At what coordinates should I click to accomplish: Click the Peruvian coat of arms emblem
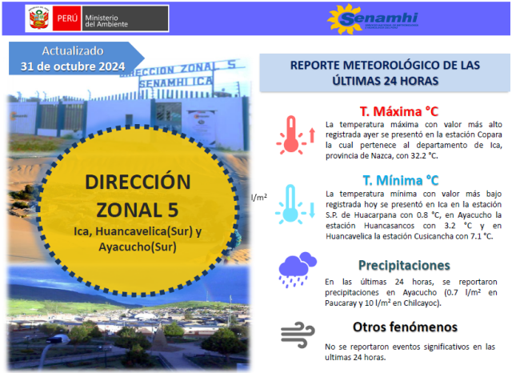point(39,18)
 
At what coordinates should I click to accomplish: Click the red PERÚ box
point(67,18)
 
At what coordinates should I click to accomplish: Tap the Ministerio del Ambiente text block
point(106,21)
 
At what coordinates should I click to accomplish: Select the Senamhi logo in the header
point(373,18)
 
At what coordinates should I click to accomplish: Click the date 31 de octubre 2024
point(73,66)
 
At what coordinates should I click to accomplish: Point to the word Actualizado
point(73,51)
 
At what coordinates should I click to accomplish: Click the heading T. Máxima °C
point(399,111)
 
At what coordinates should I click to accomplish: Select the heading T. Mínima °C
point(401,180)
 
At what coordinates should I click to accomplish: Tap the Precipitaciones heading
point(404,265)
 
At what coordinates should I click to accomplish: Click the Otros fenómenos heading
point(405,327)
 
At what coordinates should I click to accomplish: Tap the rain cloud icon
point(297,270)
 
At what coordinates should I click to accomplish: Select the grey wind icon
point(298,335)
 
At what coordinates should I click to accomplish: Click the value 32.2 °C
point(424,156)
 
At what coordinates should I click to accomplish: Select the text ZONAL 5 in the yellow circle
point(138,210)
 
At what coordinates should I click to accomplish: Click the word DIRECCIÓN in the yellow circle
point(138,182)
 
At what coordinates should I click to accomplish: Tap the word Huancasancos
point(389,226)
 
